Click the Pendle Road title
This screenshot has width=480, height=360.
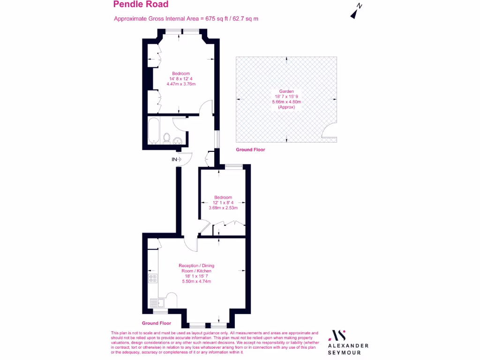point(141,5)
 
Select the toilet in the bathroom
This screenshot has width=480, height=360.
point(166,137)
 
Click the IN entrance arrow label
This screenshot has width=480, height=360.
point(174,160)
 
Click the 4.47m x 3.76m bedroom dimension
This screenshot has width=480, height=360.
point(180,84)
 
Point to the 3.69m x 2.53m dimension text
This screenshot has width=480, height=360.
point(223,208)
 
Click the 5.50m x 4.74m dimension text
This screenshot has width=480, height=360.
point(196,281)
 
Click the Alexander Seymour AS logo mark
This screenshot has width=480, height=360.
point(338,335)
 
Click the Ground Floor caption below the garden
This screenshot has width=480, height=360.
point(250,150)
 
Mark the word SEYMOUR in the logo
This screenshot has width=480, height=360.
point(348,352)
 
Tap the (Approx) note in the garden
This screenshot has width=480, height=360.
point(286,107)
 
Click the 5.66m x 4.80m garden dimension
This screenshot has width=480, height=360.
point(286,102)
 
